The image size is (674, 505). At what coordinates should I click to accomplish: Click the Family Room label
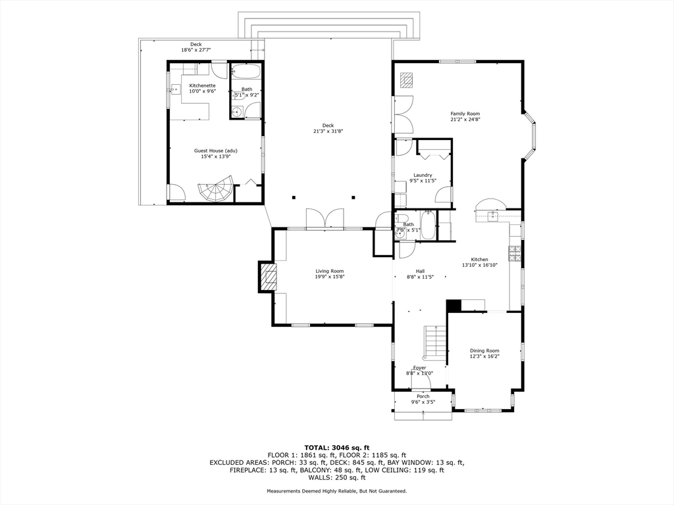click(465, 114)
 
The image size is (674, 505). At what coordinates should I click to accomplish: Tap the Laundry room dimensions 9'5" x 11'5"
click(423, 181)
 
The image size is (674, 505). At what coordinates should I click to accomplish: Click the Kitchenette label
click(202, 85)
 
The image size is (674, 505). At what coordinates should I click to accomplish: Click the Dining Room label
click(484, 350)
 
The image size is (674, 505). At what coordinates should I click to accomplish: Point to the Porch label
click(423, 396)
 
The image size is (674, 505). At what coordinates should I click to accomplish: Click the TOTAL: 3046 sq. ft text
click(336, 447)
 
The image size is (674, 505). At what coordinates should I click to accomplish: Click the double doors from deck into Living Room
click(324, 218)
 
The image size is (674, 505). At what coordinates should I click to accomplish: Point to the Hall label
click(420, 271)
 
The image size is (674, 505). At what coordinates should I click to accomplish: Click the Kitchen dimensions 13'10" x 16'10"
click(479, 265)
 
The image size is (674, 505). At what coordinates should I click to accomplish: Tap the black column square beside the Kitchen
click(454, 306)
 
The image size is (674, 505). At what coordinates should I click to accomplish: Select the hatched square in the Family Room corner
click(409, 80)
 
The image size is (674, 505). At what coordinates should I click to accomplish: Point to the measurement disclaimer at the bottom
click(336, 491)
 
